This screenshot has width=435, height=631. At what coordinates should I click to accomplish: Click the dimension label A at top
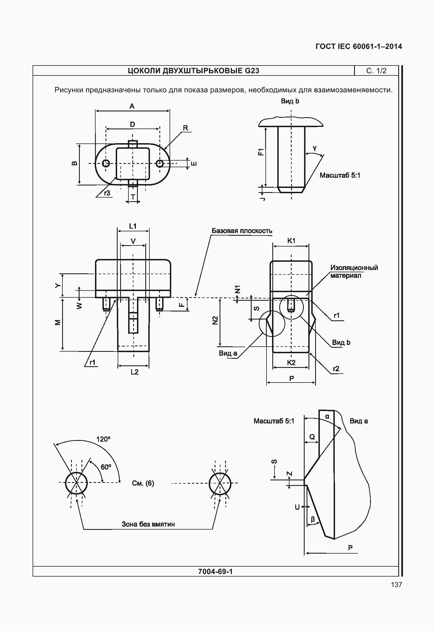tap(132, 106)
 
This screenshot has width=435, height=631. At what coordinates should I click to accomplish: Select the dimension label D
tap(133, 125)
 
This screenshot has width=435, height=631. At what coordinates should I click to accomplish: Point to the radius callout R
tap(185, 128)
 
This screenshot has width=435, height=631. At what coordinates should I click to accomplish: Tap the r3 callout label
tap(107, 193)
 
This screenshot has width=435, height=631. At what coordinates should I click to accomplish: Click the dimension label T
tap(133, 197)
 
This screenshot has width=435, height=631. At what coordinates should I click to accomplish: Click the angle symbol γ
tap(315, 148)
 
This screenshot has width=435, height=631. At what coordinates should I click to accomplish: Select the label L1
tap(133, 226)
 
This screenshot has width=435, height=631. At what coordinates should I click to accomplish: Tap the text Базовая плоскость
tap(242, 231)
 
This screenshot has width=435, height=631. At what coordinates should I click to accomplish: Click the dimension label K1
tap(291, 241)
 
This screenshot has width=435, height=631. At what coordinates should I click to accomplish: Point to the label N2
tap(215, 320)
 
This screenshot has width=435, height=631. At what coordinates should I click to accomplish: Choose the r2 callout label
tap(336, 369)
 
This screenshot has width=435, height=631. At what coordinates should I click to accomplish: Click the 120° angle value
tap(103, 439)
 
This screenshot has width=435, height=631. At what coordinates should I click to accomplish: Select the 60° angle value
tap(106, 467)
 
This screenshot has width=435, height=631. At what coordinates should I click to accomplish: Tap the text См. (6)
tap(143, 483)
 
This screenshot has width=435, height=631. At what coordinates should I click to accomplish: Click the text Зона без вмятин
tap(148, 524)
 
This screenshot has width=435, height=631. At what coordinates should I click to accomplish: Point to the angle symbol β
tap(313, 519)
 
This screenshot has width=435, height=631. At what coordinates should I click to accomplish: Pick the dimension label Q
tap(312, 437)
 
